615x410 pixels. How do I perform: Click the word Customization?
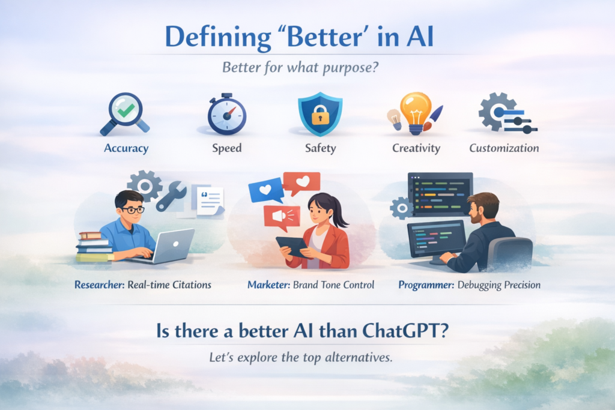pyautogui.click(x=504, y=148)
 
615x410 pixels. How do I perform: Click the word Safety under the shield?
pyautogui.click(x=320, y=148)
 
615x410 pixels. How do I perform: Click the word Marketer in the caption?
pyautogui.click(x=268, y=284)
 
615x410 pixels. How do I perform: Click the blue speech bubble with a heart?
pyautogui.click(x=265, y=189)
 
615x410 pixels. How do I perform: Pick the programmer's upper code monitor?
pyautogui.click(x=440, y=193)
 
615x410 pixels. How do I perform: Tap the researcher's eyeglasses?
pyautogui.click(x=133, y=210)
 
